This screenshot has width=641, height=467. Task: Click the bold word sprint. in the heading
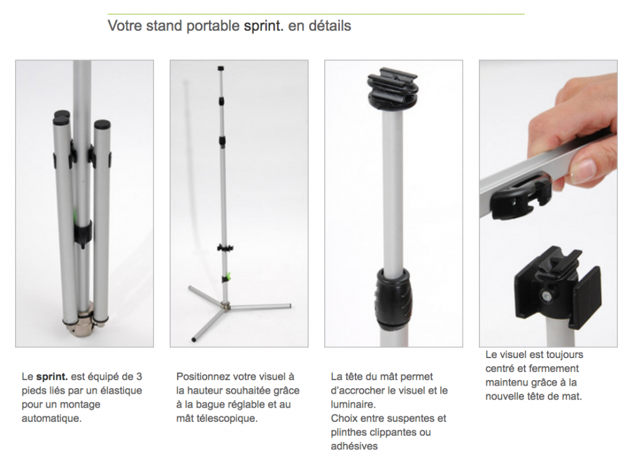pos(264,26)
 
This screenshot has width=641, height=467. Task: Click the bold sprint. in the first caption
pos(52,377)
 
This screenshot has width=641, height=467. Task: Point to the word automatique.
pos(51,418)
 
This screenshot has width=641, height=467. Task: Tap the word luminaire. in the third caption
pos(353,404)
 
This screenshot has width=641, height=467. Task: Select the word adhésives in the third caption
pos(354,446)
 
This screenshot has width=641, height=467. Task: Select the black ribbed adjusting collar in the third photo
pos(393,299)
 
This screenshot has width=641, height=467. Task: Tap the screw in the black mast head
pos(546,295)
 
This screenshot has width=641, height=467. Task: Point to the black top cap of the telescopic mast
pos(221,68)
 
